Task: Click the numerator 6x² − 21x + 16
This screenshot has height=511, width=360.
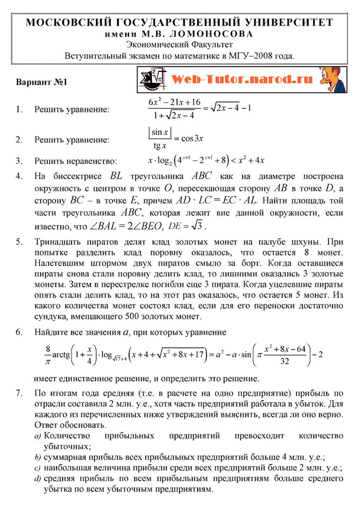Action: [x=175, y=102]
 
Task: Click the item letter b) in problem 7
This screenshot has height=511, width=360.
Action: [x=37, y=458]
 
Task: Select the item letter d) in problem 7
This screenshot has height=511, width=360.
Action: [x=37, y=479]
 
